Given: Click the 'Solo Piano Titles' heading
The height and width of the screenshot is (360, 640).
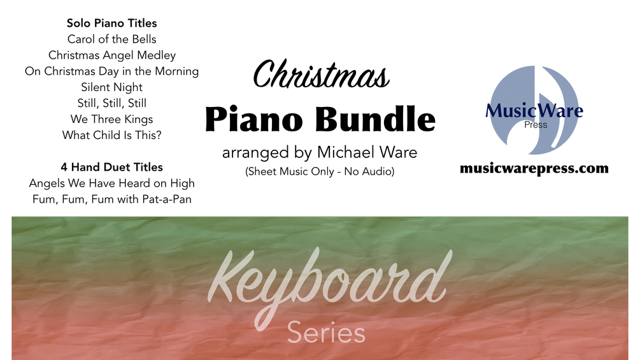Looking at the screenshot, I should tap(111, 24).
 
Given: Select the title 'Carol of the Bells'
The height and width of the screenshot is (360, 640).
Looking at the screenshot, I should tap(111, 40).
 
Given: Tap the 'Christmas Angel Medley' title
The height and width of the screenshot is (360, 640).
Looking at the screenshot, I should tap(112, 55).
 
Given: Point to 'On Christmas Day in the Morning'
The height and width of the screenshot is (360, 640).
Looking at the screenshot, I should tap(112, 71).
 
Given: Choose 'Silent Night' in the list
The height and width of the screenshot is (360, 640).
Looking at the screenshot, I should tap(112, 87).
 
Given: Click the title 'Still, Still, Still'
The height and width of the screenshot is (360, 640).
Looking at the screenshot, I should tap(112, 103).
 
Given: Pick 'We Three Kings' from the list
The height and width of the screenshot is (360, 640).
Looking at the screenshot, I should tap(112, 119).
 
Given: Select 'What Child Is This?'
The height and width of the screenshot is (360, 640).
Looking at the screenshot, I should tap(112, 135).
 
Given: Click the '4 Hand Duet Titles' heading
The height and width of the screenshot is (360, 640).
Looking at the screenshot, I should tap(112, 167).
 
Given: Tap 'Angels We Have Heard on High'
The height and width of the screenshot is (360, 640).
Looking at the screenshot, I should tap(112, 184).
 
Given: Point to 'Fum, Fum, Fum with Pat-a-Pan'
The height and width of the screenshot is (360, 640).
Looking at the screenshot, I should tap(112, 199).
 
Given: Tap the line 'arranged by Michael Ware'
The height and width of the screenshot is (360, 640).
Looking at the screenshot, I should tap(320, 154).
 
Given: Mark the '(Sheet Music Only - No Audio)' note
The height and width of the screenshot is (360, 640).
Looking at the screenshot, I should tap(320, 171).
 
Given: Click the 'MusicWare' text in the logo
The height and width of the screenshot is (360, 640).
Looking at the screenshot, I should tap(534, 112).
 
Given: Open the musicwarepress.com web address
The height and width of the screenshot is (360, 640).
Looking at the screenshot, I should tap(534, 169).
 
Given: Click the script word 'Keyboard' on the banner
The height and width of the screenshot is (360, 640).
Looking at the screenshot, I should tap(326, 280).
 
